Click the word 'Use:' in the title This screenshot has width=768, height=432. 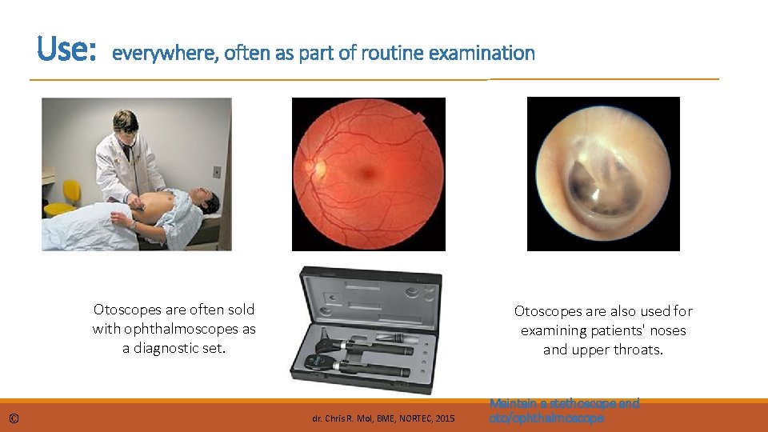[66, 50]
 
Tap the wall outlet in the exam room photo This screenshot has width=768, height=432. [217, 171]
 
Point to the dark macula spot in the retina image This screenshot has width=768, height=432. [370, 172]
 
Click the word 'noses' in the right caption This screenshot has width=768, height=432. [667, 330]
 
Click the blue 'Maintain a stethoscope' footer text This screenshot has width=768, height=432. [564, 404]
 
